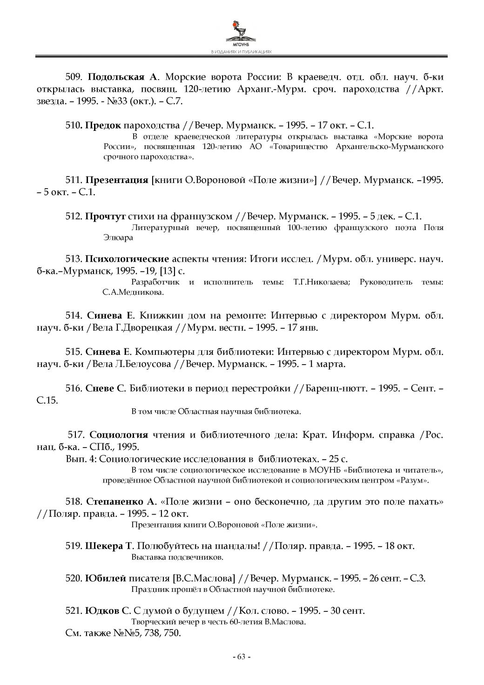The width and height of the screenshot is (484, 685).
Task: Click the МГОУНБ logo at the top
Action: coord(241,33)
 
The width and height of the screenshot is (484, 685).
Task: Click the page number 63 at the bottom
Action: coord(241,657)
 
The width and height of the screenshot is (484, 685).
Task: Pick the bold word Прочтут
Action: coord(106,216)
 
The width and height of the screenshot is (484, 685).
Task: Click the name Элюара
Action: coord(118,237)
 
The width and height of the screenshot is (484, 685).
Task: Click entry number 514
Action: coord(74,316)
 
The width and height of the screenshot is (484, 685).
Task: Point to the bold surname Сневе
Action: coord(100,388)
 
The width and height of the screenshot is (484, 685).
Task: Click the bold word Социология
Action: coord(119,435)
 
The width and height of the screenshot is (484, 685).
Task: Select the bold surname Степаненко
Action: coord(116,502)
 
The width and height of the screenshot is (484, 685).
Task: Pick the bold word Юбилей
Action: coord(106,578)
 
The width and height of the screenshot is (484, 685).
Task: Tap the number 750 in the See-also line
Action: coord(172,633)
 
